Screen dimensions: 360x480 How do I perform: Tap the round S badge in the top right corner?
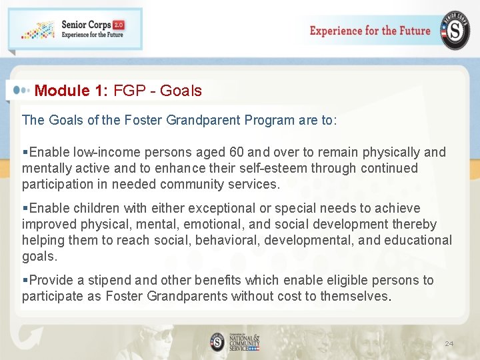point(454,31)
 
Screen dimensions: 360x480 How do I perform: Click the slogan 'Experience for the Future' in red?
point(370,31)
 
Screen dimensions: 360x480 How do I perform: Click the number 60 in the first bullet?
point(237,153)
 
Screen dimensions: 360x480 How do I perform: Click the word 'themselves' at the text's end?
point(353,297)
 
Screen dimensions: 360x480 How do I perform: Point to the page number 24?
point(449,344)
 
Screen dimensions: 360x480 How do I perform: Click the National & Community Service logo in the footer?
point(234,342)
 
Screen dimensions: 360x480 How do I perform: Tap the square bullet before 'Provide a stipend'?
point(25,281)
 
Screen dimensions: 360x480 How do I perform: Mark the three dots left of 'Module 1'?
point(21,90)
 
